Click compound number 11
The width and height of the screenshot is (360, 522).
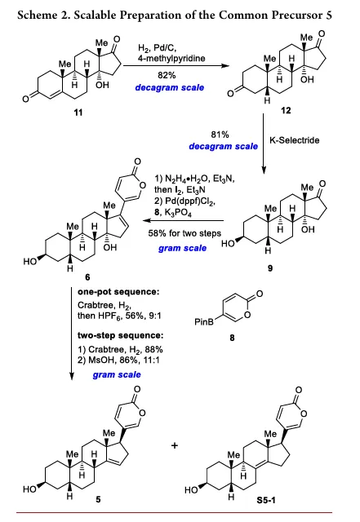click(78, 113)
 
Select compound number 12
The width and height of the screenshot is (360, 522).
click(286, 110)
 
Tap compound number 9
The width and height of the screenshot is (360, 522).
click(270, 268)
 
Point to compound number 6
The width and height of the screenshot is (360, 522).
click(87, 277)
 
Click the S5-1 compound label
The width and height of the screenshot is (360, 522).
click(266, 500)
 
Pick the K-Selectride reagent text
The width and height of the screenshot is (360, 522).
click(295, 140)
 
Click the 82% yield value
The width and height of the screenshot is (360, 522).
click(167, 75)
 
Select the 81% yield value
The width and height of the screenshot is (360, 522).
click(220, 135)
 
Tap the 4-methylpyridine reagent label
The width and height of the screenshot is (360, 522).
click(171, 58)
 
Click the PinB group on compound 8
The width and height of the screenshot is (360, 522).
click(204, 322)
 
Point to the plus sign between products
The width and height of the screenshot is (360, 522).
click(175, 445)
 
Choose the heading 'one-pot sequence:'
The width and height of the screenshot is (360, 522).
click(118, 292)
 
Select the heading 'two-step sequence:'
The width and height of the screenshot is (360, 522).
click(121, 335)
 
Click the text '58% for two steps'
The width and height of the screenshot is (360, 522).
click(184, 233)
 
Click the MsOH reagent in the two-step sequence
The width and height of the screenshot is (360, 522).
click(100, 360)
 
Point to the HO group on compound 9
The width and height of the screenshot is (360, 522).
click(228, 244)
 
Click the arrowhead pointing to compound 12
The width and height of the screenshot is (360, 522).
click(226, 65)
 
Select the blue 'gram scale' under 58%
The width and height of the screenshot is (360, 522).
click(182, 248)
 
